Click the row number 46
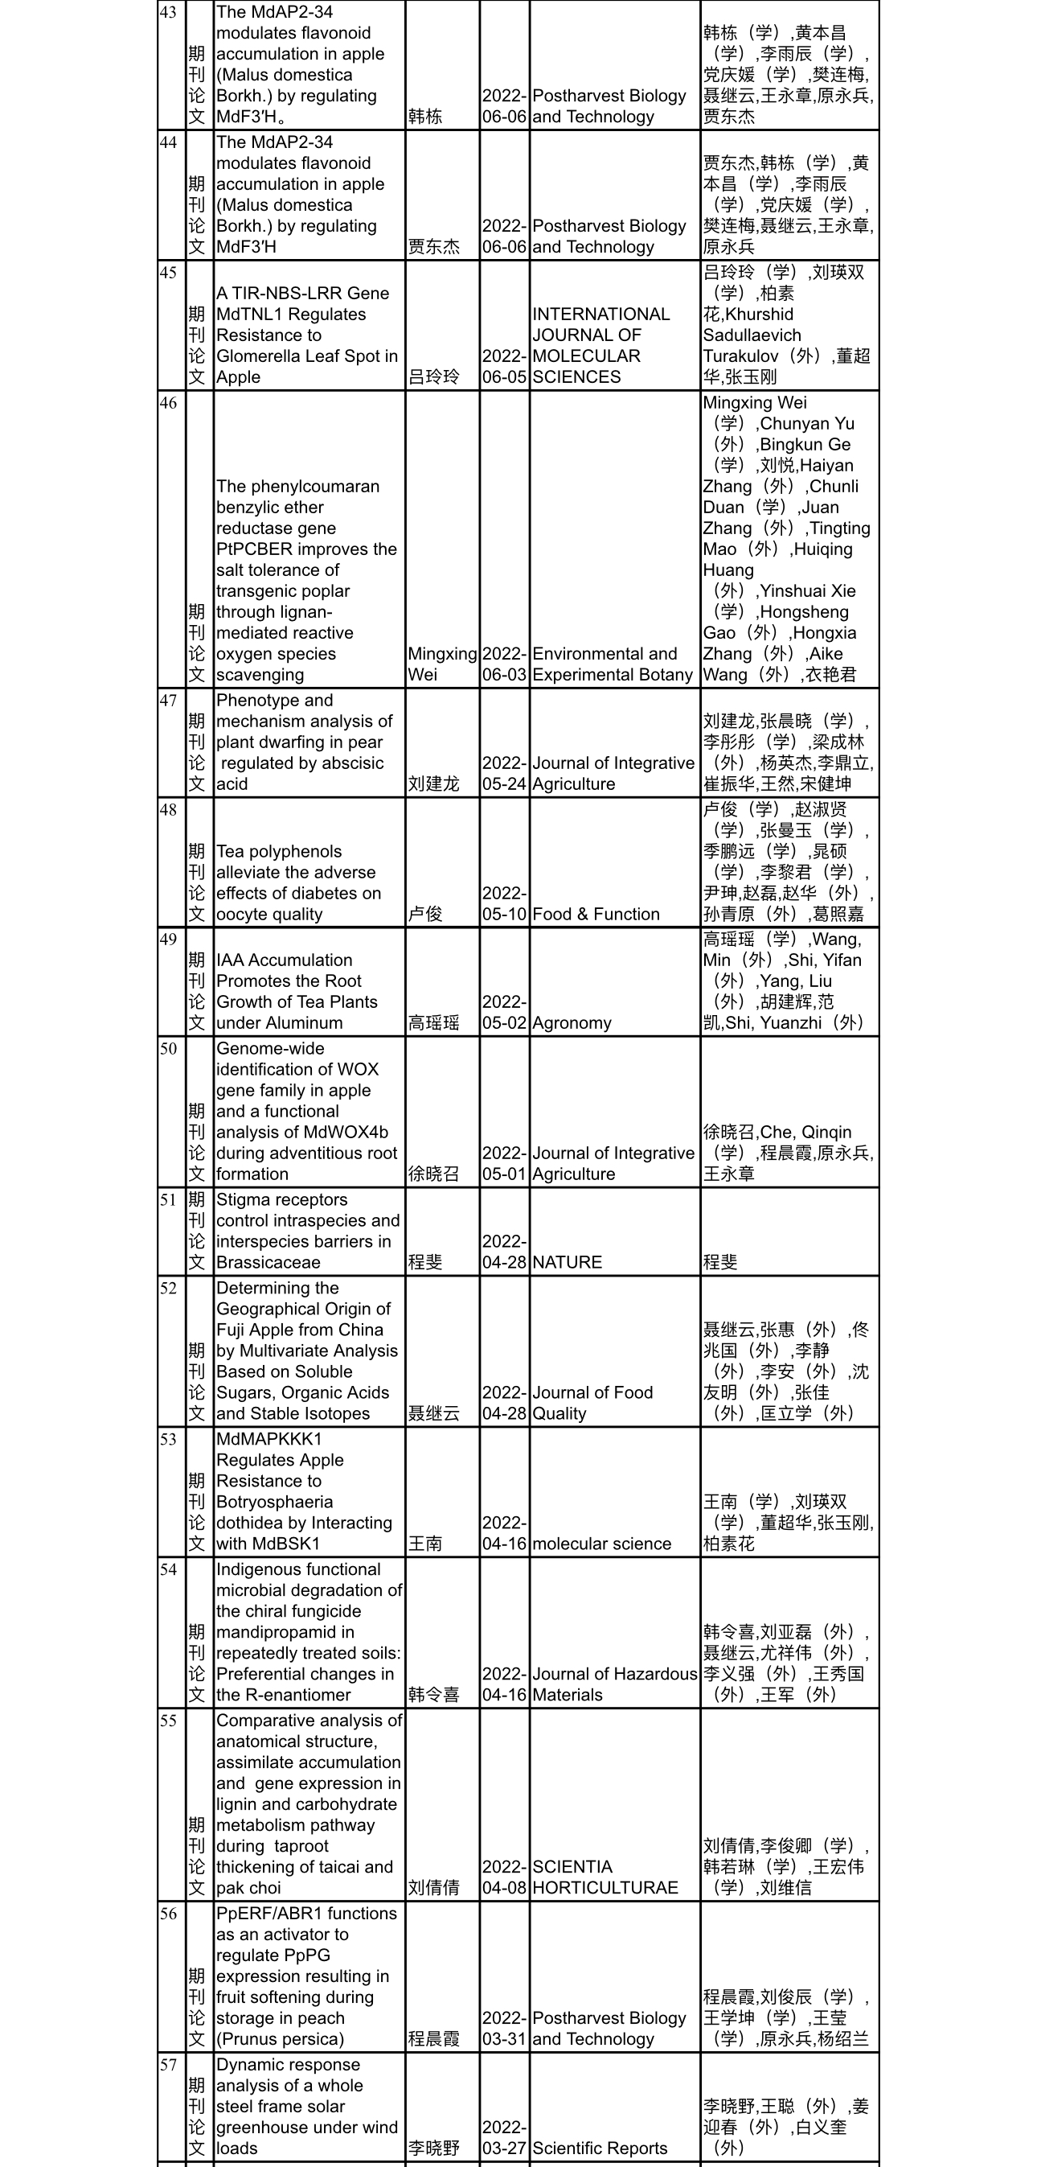point(168,403)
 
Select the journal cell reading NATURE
point(567,1262)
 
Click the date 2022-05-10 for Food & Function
point(504,903)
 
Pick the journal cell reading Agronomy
point(572,1023)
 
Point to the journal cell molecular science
point(601,1544)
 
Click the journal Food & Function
point(596,914)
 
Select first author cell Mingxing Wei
point(441,664)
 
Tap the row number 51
point(168,1199)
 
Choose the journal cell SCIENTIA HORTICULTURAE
point(605,1877)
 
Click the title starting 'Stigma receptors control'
point(307,1231)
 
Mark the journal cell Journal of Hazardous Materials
point(614,1684)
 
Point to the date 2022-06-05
point(504,367)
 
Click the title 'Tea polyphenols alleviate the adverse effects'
point(297,882)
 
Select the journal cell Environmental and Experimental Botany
point(613,664)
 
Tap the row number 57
point(168,2064)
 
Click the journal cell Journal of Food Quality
point(592,1402)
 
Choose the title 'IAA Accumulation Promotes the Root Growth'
point(296,991)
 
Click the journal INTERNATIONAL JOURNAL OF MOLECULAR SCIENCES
point(600,346)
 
